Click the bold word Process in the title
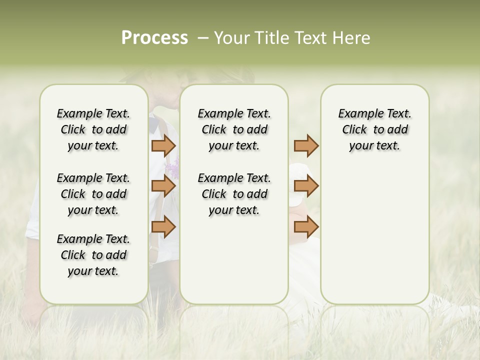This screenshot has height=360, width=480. click(154, 38)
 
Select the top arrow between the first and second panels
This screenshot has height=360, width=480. click(163, 145)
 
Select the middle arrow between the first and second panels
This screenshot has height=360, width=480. click(163, 186)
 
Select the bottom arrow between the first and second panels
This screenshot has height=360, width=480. click(163, 227)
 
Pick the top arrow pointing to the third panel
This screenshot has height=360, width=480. click(306, 145)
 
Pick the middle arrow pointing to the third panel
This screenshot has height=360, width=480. click(306, 186)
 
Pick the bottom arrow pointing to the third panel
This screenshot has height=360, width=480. click(306, 227)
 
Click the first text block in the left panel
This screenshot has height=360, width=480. click(93, 129)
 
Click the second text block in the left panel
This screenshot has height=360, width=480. click(93, 194)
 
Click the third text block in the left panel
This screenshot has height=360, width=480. click(93, 255)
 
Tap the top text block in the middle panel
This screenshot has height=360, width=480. click(234, 129)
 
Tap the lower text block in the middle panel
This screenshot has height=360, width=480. click(234, 194)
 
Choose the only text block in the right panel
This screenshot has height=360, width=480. click(374, 129)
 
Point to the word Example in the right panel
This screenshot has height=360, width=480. click(356, 114)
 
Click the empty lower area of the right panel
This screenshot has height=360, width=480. click(374, 235)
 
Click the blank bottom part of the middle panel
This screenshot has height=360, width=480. click(234, 265)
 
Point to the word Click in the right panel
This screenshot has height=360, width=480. click(354, 130)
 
